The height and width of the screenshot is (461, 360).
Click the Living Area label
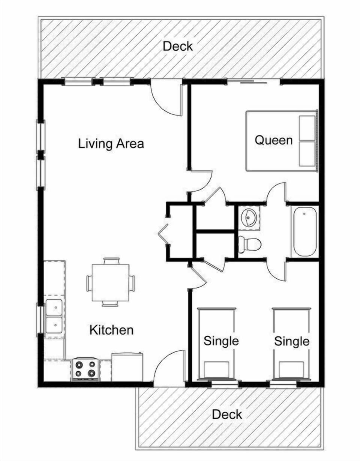[x=111, y=144]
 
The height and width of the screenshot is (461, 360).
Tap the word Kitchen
[x=111, y=330]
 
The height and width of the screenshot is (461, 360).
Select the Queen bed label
[x=273, y=140]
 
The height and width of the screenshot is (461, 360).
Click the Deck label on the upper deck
[x=178, y=46]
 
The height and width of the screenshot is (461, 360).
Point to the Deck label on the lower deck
[x=227, y=414]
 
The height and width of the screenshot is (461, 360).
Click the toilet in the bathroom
[x=249, y=245]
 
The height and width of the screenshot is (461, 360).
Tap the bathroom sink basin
[x=249, y=218]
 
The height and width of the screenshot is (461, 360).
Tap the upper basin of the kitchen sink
[x=54, y=308]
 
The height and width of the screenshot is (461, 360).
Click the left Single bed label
[x=221, y=341]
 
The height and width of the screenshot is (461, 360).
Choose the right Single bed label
[x=292, y=341]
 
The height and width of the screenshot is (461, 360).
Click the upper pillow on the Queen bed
[x=307, y=128]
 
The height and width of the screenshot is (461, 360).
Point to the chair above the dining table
[x=111, y=261]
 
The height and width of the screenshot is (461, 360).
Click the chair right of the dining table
[x=132, y=283]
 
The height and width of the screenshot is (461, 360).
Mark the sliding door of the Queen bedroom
[x=253, y=82]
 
